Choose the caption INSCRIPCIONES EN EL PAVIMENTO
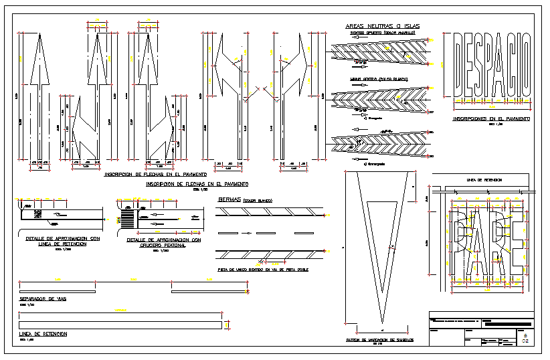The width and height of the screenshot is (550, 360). pyautogui.click(x=491, y=118)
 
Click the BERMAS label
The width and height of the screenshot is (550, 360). pyautogui.click(x=230, y=199)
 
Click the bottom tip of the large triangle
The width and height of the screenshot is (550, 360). pyautogui.click(x=381, y=326)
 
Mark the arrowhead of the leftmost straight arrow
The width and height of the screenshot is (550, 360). pyautogui.click(x=38, y=57)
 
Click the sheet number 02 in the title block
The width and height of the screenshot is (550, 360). pyautogui.click(x=525, y=341)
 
